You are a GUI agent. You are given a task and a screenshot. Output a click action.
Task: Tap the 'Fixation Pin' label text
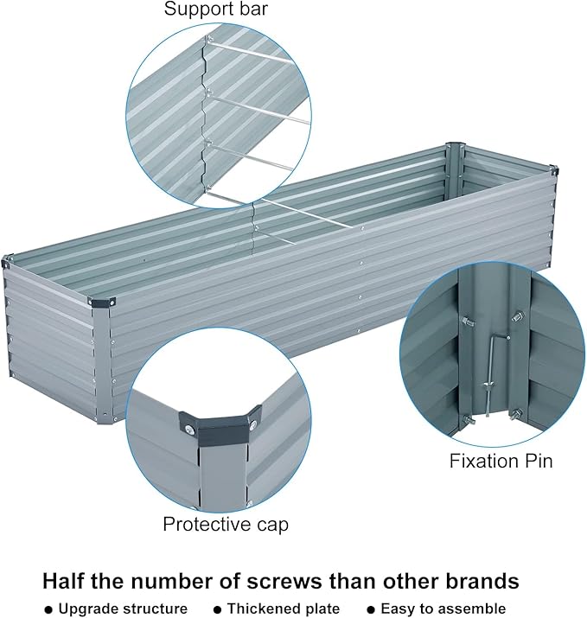tap(501, 460)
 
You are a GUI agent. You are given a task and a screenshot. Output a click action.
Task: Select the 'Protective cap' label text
tap(225, 524)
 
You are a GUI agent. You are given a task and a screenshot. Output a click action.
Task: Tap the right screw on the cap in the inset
tap(252, 424)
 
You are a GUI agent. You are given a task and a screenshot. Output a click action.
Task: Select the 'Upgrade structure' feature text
tap(123, 608)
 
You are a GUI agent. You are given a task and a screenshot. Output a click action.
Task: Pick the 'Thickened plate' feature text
tap(284, 608)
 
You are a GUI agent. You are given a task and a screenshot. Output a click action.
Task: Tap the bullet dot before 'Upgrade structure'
tap(48, 609)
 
